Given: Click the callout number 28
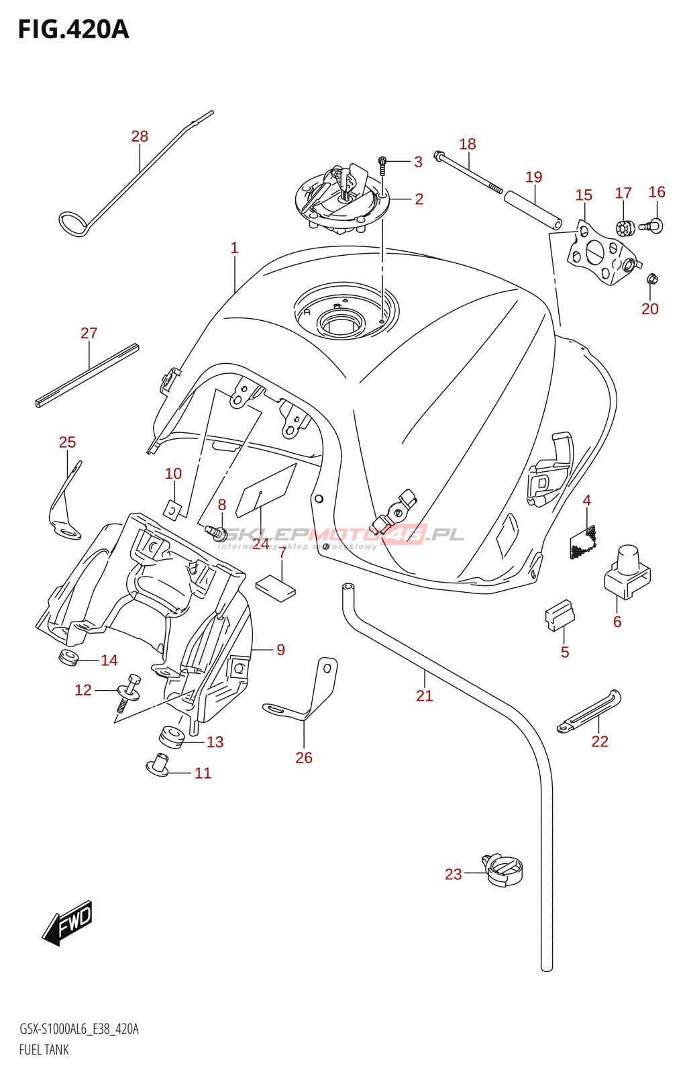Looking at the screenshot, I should [x=140, y=136].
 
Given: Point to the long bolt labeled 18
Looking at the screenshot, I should [x=468, y=172].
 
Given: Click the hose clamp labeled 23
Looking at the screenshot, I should [x=503, y=869].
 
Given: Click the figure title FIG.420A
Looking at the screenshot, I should [x=73, y=30].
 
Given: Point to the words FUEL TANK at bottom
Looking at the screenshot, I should [x=44, y=1050].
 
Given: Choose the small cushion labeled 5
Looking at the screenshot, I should [x=559, y=616].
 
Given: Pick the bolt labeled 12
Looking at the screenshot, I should [x=129, y=692].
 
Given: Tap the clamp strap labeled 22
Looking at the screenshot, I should [x=589, y=712].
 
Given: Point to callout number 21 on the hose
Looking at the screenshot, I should [x=424, y=696].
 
